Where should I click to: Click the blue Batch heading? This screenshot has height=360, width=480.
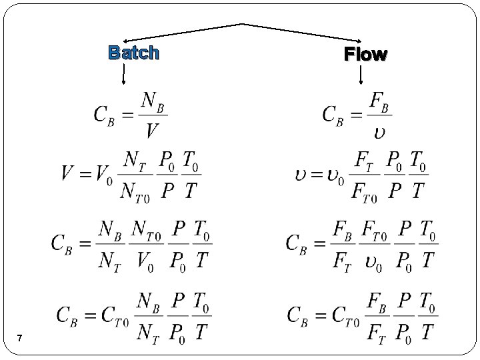tap(133, 53)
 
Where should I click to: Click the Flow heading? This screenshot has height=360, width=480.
tap(365, 55)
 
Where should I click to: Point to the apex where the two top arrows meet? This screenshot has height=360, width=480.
tap(241, 24)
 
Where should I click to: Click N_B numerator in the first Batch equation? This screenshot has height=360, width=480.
tap(153, 101)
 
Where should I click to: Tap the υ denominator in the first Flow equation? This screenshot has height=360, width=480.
tap(378, 129)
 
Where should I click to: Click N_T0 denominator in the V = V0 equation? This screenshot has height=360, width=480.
tap(135, 191)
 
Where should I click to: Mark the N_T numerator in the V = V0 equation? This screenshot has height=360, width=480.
tap(135, 161)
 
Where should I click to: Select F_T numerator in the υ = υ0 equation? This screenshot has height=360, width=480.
tap(365, 161)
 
